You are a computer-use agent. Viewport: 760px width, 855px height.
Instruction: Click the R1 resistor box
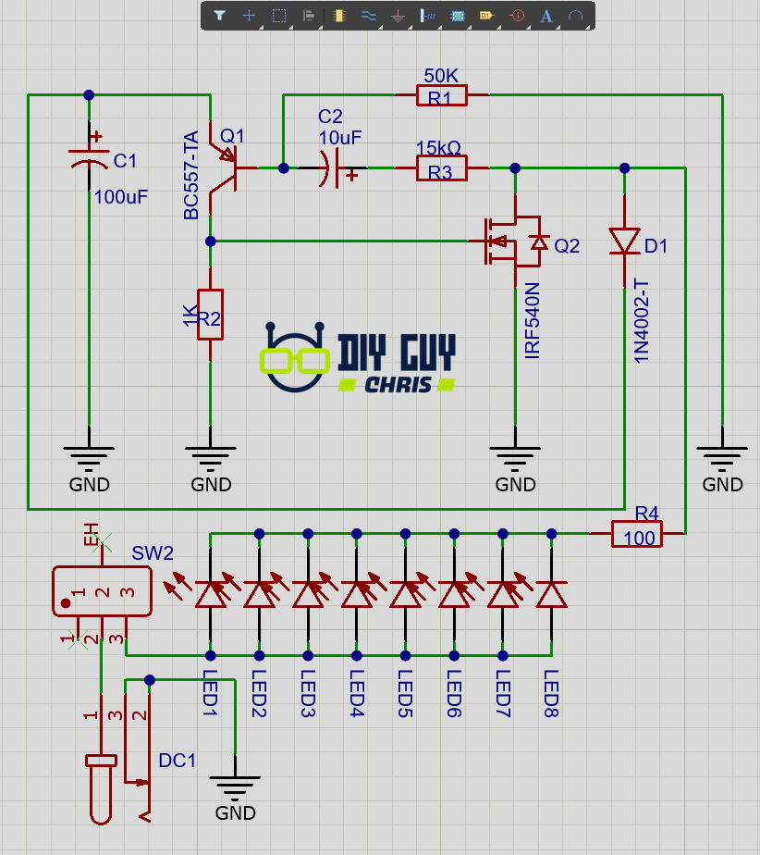click(x=442, y=94)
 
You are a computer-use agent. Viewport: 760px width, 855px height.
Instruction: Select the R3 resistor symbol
click(x=442, y=168)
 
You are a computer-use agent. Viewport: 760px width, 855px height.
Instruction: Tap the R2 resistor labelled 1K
click(x=211, y=314)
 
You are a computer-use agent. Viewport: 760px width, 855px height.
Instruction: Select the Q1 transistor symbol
click(x=223, y=167)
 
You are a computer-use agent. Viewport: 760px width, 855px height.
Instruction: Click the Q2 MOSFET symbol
click(x=507, y=242)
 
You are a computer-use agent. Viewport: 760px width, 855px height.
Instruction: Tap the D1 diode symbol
click(x=625, y=242)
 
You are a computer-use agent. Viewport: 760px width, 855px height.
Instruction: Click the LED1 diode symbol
click(x=210, y=594)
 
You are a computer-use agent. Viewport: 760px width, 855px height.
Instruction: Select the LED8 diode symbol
click(x=552, y=594)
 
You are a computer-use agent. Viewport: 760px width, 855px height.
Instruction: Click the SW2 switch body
click(x=102, y=590)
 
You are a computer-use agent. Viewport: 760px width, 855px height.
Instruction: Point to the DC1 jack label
click(x=178, y=761)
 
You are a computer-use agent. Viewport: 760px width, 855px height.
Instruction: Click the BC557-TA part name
click(x=190, y=176)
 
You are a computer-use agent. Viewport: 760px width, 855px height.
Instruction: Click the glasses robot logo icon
click(x=295, y=356)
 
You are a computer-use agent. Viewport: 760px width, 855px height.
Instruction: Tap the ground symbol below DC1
click(x=235, y=787)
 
